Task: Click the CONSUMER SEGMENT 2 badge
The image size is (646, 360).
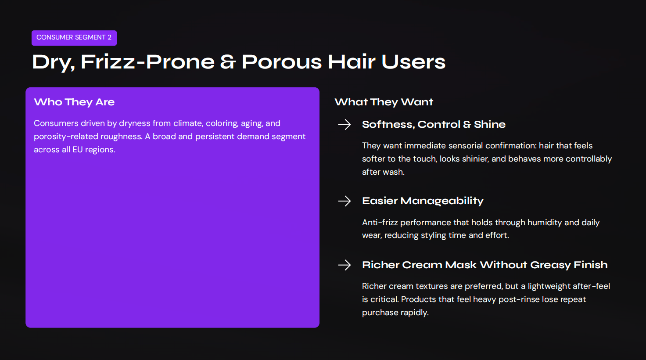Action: click(74, 38)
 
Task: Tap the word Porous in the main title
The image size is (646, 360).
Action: click(281, 62)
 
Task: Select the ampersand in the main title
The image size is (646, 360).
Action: click(228, 62)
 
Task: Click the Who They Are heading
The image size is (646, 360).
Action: click(74, 102)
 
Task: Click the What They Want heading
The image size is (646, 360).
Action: click(384, 102)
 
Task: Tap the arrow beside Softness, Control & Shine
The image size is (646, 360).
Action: click(345, 125)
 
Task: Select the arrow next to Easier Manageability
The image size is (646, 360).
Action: click(345, 201)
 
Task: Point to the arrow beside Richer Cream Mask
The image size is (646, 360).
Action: click(345, 265)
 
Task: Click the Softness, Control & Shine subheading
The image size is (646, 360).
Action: click(434, 125)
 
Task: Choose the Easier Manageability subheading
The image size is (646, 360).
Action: click(423, 201)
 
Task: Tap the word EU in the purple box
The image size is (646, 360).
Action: click(77, 150)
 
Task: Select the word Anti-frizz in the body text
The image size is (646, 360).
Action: click(380, 223)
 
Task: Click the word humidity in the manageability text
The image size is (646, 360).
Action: click(545, 223)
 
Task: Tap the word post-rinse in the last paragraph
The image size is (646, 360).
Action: click(520, 299)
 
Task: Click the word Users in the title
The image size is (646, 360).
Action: click(413, 62)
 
